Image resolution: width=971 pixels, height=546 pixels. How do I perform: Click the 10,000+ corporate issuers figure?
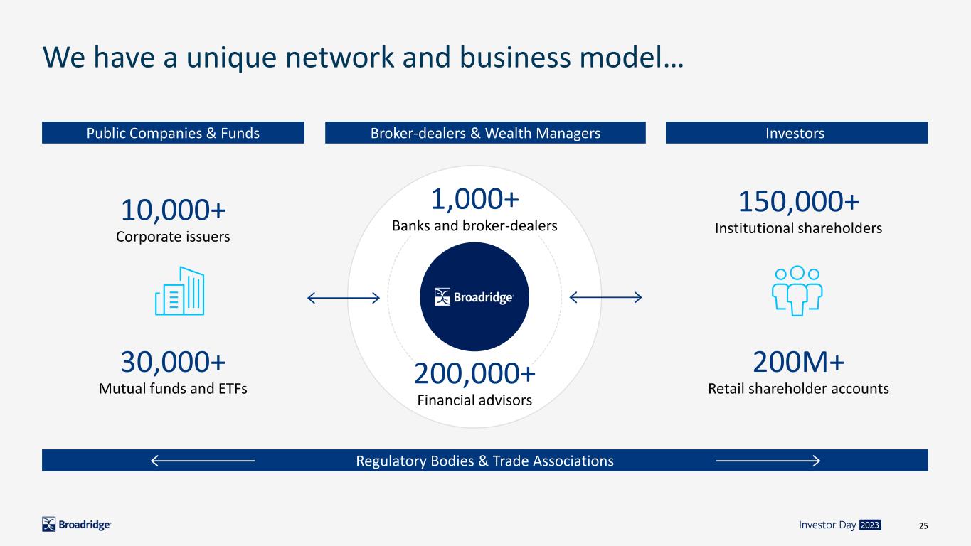click(174, 210)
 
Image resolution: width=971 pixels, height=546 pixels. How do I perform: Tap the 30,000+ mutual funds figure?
click(174, 362)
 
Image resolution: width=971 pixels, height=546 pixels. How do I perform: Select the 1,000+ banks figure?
click(474, 199)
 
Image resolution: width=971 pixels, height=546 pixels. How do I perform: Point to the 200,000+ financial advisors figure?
click(474, 373)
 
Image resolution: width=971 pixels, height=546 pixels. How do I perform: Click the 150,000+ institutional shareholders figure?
click(798, 202)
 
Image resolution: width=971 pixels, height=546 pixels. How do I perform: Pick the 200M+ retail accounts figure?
click(798, 362)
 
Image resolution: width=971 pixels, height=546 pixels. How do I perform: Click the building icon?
click(180, 291)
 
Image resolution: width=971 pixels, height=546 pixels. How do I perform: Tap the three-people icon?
click(797, 291)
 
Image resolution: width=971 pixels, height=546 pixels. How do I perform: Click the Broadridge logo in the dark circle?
click(474, 297)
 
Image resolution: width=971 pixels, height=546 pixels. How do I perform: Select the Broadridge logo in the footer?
click(76, 525)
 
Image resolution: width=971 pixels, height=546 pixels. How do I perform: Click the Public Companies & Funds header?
click(173, 133)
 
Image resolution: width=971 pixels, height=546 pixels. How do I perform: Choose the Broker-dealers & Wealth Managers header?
click(485, 133)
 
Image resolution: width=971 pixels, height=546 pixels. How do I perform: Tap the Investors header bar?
click(797, 133)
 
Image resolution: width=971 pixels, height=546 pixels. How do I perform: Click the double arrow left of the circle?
click(344, 298)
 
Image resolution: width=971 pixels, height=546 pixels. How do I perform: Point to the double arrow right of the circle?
click(605, 297)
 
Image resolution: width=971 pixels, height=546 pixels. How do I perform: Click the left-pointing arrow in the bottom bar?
click(203, 461)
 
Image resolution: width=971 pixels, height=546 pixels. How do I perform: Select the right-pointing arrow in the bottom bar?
click(768, 461)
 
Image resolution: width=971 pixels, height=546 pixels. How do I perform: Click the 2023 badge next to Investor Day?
click(869, 525)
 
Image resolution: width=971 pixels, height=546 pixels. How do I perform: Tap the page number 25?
click(923, 525)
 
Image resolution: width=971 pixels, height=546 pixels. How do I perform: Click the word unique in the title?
click(231, 58)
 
